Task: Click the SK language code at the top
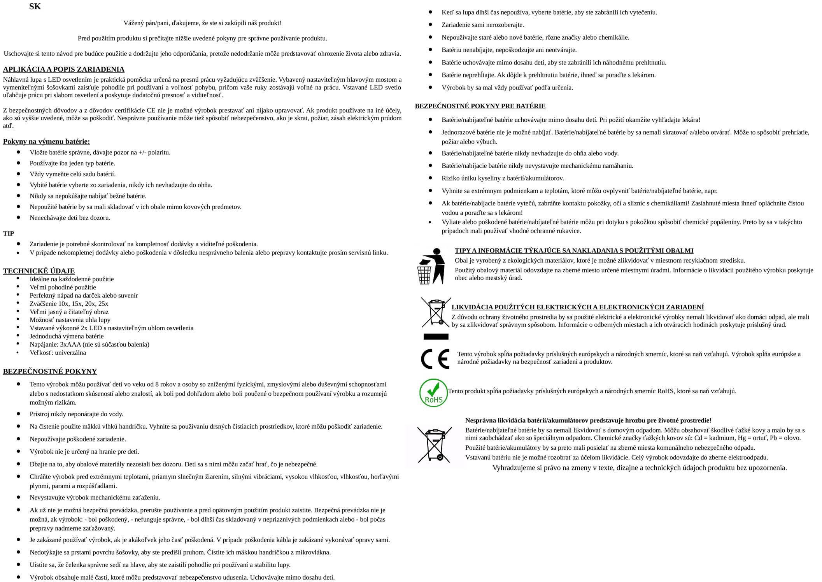coord(35,7)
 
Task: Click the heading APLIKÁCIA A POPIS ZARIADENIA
coord(64,70)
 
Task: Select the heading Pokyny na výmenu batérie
coord(46,142)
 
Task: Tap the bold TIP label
coord(9,233)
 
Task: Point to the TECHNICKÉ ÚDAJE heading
coord(39,271)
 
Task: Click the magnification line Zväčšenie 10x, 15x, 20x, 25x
coord(69,303)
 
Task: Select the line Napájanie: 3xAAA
coord(89,344)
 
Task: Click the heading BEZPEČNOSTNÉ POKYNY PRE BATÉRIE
coord(480,106)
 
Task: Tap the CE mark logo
coord(435,358)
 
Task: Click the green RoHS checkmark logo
coord(433,393)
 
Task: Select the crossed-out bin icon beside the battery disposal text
coord(435,445)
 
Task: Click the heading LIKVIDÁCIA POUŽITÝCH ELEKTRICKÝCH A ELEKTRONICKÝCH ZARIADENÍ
coord(577,307)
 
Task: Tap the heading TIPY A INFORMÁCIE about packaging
coord(574,251)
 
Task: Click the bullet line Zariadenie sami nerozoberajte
coord(482,25)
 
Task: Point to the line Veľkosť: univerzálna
coord(58,352)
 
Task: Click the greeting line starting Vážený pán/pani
coord(202,23)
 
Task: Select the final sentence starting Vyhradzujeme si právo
coord(640,468)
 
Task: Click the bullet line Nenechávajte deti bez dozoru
coord(70,217)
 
